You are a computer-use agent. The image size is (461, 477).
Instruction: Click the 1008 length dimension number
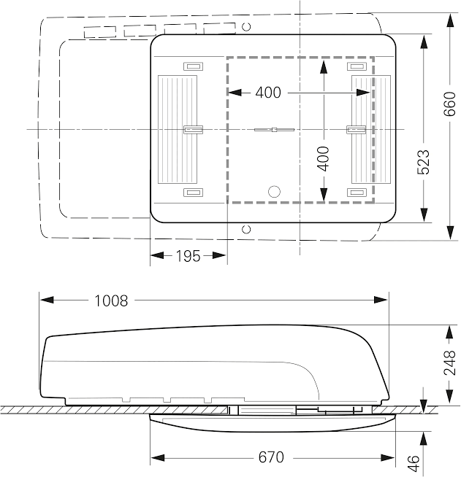(x=111, y=301)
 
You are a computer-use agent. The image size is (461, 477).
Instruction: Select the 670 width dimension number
(x=271, y=457)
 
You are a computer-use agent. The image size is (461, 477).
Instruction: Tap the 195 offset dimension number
(x=188, y=256)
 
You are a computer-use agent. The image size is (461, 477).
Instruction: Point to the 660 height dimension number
(x=449, y=104)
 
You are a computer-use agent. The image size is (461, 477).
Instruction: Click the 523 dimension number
(x=423, y=162)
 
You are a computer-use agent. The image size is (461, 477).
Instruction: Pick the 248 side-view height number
(x=449, y=363)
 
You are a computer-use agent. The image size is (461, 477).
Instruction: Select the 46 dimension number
(x=414, y=463)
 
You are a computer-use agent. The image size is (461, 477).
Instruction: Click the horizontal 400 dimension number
(x=268, y=93)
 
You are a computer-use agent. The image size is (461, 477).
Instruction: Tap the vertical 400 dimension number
(x=323, y=159)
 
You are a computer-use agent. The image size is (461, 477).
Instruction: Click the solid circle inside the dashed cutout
(x=274, y=191)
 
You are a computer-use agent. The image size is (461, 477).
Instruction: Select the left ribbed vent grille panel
(x=178, y=130)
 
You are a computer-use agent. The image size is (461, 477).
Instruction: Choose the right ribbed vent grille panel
(x=371, y=130)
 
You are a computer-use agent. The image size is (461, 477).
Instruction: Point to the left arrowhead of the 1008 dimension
(x=47, y=300)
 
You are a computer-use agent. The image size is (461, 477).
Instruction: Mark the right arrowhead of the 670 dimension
(x=388, y=457)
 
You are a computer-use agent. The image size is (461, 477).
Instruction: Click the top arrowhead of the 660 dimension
(x=450, y=20)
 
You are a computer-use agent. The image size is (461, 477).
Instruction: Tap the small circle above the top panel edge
(x=246, y=27)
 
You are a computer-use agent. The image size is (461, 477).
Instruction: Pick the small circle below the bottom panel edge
(x=246, y=229)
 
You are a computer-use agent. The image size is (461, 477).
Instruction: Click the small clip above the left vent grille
(x=193, y=66)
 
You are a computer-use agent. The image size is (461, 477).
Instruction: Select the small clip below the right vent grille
(x=357, y=193)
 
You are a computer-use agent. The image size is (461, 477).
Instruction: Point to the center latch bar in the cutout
(x=274, y=130)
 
